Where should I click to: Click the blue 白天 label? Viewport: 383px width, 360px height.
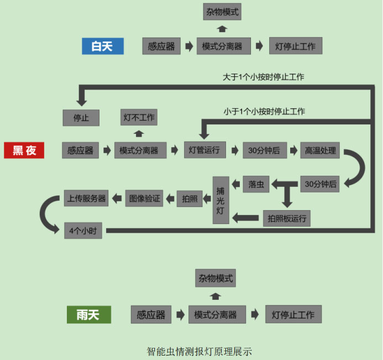(x=102, y=46)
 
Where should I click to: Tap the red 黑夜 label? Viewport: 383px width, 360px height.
(x=24, y=150)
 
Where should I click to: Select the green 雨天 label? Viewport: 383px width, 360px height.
(x=88, y=315)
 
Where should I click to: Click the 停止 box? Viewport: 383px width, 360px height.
(x=81, y=118)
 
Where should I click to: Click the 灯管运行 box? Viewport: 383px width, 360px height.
(x=204, y=150)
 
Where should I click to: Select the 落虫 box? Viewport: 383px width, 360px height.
(x=256, y=184)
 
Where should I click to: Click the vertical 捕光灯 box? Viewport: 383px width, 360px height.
(x=221, y=200)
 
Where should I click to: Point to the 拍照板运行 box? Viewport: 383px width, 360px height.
(x=286, y=217)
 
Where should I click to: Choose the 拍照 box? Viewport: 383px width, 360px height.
(x=190, y=198)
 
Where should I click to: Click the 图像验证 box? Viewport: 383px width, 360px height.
(x=144, y=197)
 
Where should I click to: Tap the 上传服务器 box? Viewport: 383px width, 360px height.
(x=86, y=197)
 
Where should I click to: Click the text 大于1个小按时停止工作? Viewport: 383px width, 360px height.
(x=263, y=77)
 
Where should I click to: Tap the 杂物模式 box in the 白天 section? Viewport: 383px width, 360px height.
(x=222, y=11)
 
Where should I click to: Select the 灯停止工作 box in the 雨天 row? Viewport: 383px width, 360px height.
(x=292, y=315)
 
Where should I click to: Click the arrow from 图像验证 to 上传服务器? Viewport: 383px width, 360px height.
(x=117, y=197)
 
